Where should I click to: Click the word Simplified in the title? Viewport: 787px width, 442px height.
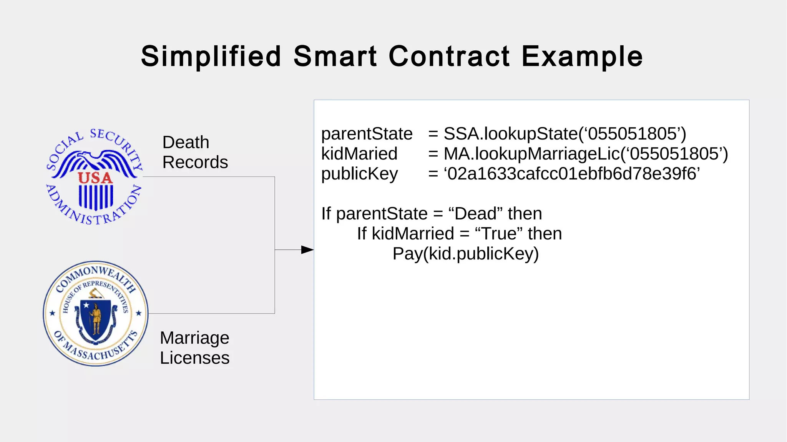coord(211,56)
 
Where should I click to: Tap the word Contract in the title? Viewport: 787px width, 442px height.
coord(449,56)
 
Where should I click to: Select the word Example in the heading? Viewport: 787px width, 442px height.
coord(582,56)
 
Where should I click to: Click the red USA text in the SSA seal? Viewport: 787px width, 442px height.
coord(95,178)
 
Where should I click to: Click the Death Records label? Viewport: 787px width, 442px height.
coord(195,152)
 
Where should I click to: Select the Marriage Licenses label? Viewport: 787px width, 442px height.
coord(194,348)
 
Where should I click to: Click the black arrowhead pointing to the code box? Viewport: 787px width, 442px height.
coord(307,250)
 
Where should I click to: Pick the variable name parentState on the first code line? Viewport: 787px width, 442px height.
coord(367,134)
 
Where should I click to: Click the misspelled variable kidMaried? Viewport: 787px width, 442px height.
coord(359,154)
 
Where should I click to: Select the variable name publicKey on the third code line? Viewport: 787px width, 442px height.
coord(359,174)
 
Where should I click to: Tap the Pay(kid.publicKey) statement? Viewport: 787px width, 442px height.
coord(465,254)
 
